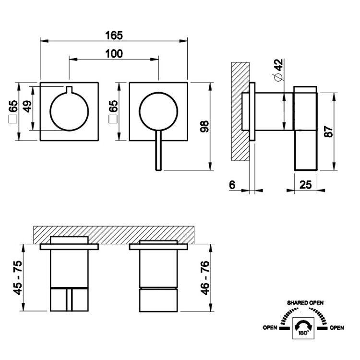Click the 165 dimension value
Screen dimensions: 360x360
coord(114,36)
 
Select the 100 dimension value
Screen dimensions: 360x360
coord(114,54)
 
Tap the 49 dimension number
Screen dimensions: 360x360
coord(27,106)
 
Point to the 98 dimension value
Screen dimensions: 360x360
coord(204,126)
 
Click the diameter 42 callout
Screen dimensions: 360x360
coord(278,70)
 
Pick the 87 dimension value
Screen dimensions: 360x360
coord(328,132)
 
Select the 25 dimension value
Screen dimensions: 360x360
coord(306,185)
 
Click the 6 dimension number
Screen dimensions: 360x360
coord(232,185)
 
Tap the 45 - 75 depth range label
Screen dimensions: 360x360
coord(18,277)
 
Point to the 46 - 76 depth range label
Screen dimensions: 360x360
coord(205,278)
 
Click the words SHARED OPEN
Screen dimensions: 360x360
coord(305,303)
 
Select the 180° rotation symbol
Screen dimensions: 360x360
coord(303,328)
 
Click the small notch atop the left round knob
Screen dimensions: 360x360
coord(69,90)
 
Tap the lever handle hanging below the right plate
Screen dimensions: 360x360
coord(158,150)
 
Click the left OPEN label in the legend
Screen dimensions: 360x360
coord(270,328)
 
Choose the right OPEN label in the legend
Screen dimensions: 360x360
coord(337,328)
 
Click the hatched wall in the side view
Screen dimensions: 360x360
coord(240,111)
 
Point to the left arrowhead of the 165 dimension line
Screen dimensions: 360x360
coord(44,41)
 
